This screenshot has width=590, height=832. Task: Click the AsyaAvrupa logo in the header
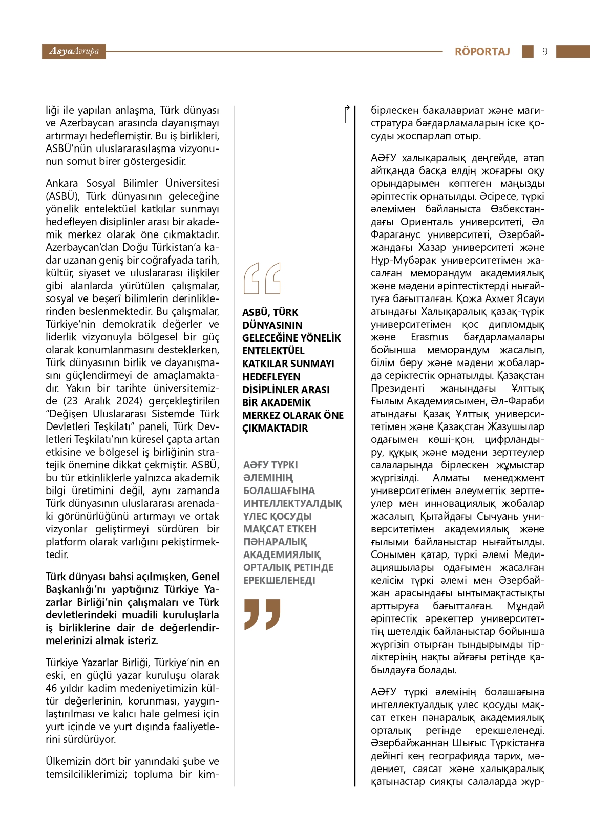74,51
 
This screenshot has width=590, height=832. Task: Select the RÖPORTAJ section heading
482,52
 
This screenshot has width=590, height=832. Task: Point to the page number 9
544,52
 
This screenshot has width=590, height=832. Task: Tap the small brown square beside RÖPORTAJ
528,51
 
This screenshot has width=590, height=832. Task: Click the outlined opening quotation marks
262,279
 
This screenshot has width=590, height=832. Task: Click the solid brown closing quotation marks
262,613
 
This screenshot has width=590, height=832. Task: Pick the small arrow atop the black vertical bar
347,109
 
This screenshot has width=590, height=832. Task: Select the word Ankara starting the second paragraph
62,183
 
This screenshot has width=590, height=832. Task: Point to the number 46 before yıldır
51,688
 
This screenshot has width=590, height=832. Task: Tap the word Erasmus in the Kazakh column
429,337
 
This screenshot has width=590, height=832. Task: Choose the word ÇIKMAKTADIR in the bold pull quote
275,428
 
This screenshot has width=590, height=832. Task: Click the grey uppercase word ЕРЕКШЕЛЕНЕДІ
279,580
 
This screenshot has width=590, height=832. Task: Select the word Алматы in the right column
451,478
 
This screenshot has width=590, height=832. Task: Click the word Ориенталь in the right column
427,222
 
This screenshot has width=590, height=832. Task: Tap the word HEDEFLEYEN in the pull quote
271,377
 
